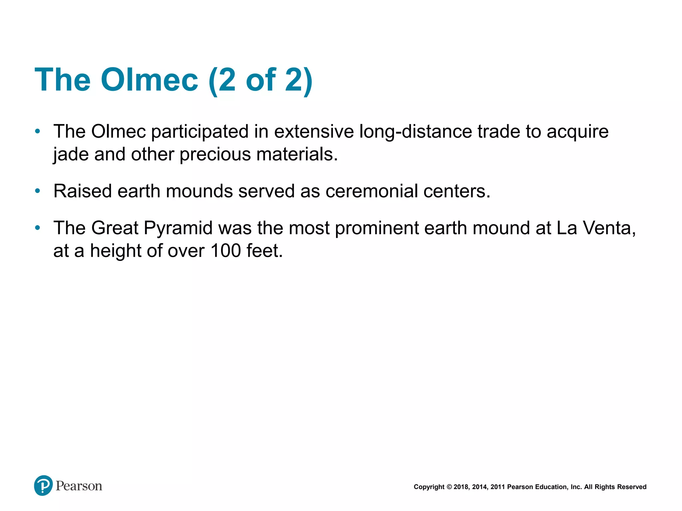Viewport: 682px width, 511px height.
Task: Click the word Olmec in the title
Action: click(x=149, y=80)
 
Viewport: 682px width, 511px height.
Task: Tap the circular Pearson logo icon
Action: click(x=43, y=485)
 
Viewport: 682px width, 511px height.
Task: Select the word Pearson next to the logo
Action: click(x=79, y=486)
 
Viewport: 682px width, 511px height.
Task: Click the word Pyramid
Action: click(x=178, y=228)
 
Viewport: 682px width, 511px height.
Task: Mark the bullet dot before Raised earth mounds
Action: click(x=38, y=191)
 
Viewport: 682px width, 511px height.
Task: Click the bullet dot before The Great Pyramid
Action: click(x=38, y=228)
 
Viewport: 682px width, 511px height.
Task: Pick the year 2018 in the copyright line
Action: click(x=461, y=487)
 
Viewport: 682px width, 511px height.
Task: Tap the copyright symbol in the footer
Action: click(x=449, y=487)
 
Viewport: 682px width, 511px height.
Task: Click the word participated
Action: click(x=200, y=131)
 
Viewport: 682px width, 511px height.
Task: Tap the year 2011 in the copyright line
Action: click(x=498, y=487)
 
